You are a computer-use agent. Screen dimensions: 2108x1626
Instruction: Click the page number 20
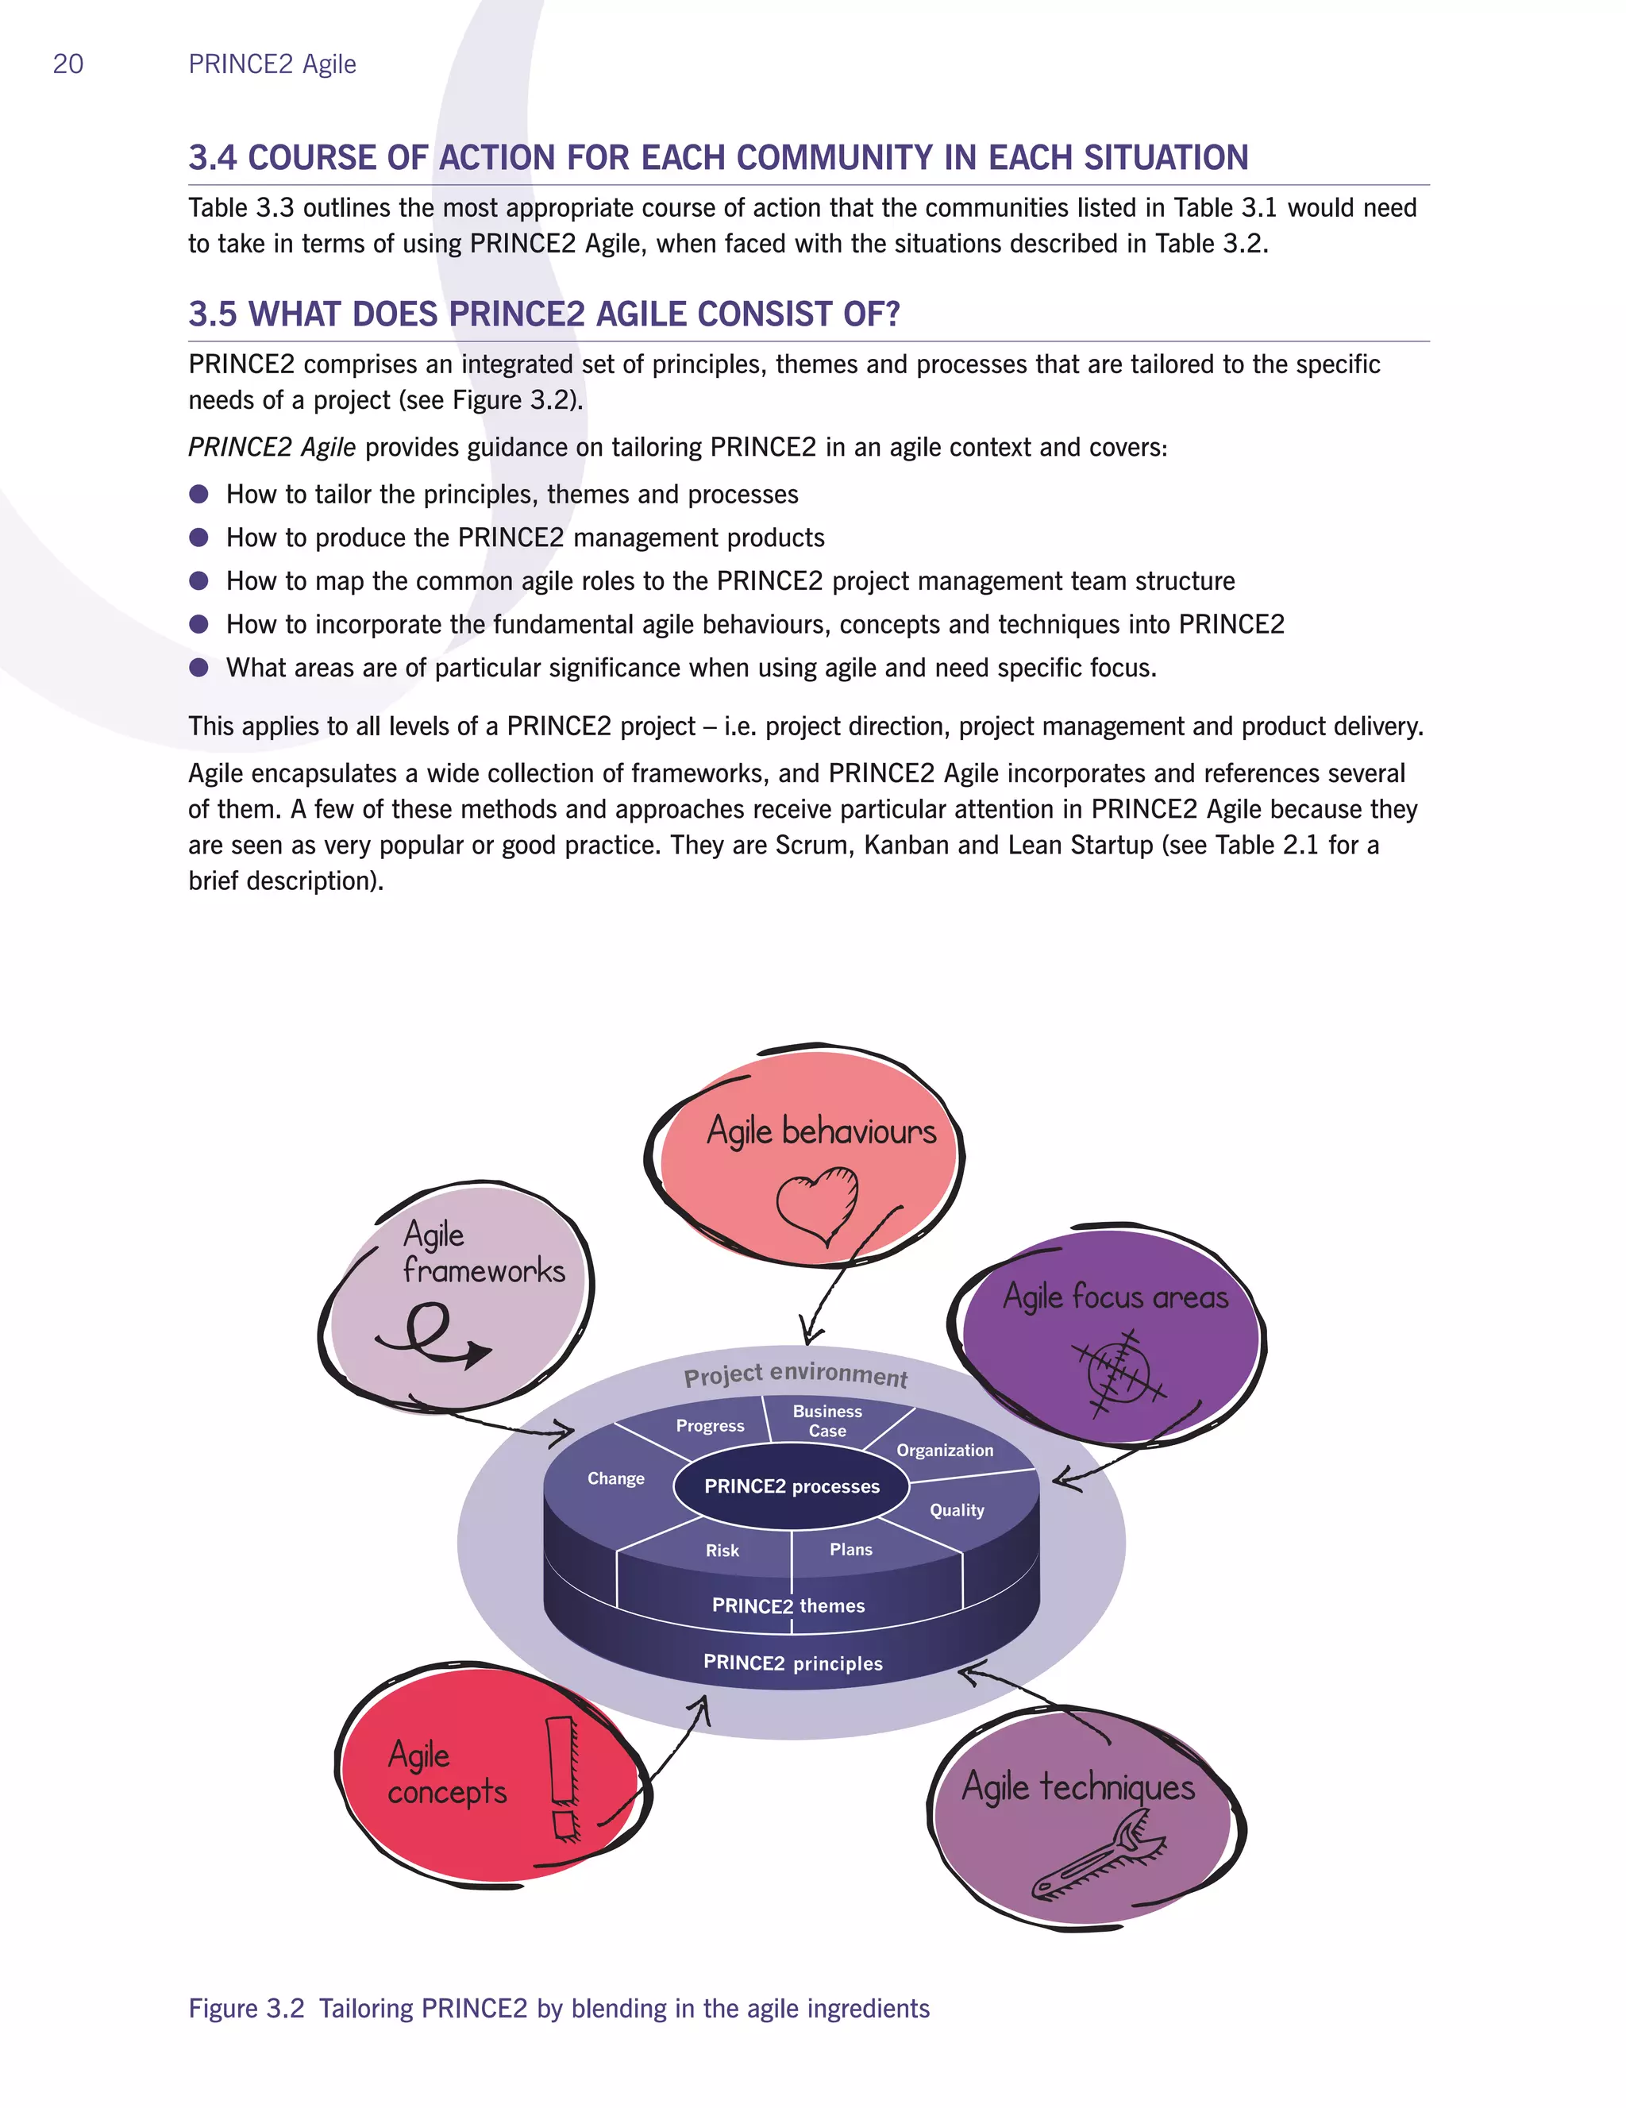point(67,64)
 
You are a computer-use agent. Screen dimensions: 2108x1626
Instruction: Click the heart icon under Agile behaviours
point(817,1205)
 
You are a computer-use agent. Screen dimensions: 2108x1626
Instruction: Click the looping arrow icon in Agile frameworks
point(433,1335)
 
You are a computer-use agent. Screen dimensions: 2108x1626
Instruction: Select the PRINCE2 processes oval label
point(792,1486)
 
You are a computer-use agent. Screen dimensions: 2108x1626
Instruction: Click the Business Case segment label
point(827,1420)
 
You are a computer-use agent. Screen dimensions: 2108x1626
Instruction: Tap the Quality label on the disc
point(956,1511)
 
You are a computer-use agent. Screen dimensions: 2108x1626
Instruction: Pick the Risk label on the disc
point(722,1550)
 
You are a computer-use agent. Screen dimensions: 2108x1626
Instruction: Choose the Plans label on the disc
point(850,1549)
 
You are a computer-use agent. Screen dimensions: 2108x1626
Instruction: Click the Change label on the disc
point(615,1478)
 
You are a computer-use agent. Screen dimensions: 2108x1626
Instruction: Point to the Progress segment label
point(711,1426)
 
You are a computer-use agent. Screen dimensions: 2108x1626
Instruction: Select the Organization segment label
point(945,1450)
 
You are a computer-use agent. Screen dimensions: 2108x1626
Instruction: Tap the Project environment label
point(796,1374)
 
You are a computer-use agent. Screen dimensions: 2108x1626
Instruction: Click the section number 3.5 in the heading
point(212,314)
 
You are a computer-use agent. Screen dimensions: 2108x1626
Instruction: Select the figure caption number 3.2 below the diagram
point(285,2009)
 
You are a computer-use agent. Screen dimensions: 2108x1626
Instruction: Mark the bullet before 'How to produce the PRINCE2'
point(198,538)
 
